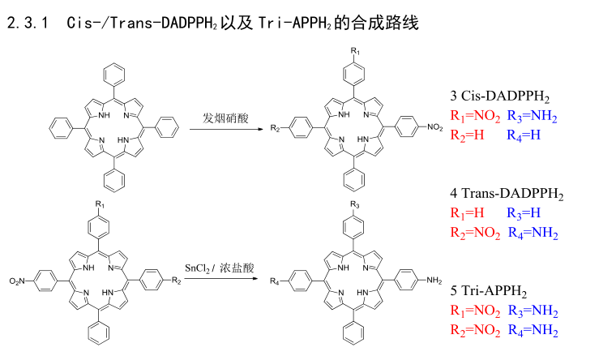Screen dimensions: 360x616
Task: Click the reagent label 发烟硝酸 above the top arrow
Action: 225,118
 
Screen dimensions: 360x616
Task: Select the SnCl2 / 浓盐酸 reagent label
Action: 220,268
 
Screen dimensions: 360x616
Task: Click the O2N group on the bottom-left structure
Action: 19,281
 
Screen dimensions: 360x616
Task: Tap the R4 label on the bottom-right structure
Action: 275,282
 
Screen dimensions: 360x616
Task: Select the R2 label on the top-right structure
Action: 276,127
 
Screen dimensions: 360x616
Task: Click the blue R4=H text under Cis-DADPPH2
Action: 524,135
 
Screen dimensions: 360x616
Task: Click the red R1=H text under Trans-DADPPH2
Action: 468,213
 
